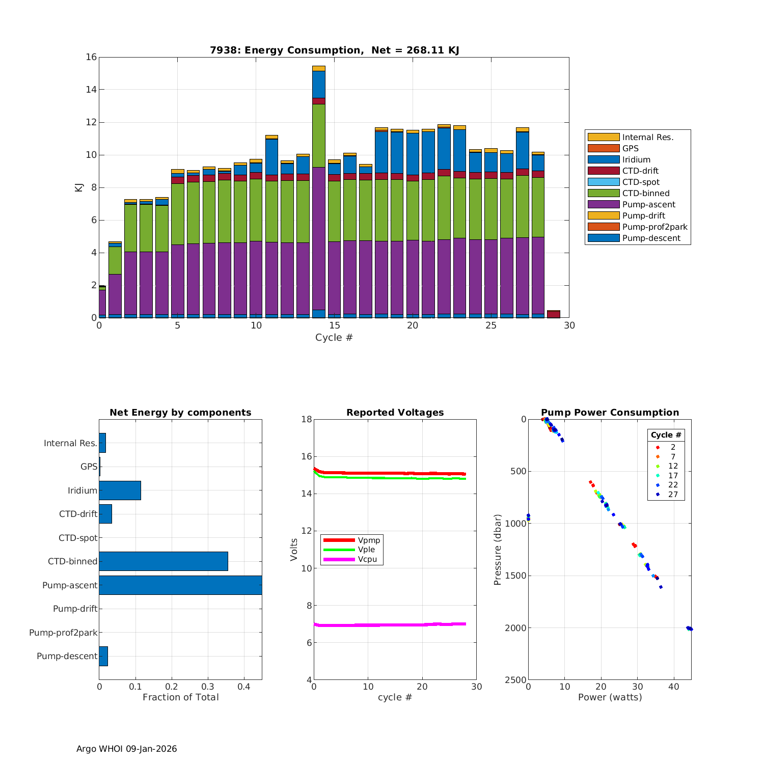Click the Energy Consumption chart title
click(334, 50)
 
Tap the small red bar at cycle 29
click(554, 314)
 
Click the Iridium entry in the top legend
click(636, 160)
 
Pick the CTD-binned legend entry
click(645, 194)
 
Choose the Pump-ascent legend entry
click(648, 205)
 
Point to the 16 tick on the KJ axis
click(91, 57)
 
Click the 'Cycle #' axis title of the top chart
click(334, 338)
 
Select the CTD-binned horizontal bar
click(163, 561)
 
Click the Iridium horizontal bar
click(120, 490)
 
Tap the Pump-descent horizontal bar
click(103, 656)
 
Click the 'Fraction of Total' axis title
click(180, 697)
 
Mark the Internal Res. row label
click(70, 443)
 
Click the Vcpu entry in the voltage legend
click(367, 559)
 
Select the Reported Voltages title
click(395, 413)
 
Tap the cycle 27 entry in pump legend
click(673, 494)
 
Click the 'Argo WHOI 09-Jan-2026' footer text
click(126, 749)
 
